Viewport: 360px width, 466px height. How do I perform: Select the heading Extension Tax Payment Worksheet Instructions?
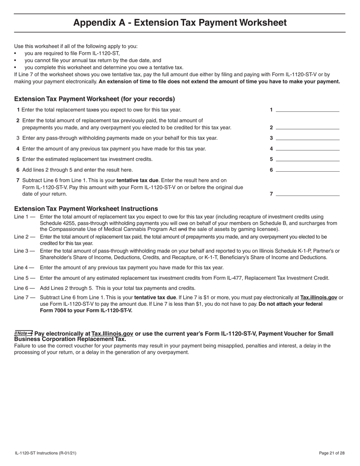pos(86,209)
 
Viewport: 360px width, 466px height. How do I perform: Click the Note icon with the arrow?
pos(23,333)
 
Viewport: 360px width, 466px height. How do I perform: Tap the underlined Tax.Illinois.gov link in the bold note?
pos(112,334)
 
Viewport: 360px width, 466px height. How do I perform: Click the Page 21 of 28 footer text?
pos(332,453)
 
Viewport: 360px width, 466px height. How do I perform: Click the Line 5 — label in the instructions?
pos(25,278)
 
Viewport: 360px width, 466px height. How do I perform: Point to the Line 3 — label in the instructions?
pos(25,251)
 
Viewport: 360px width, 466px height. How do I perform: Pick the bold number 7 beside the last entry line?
pos(271,194)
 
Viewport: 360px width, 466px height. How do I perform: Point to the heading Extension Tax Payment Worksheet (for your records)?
pos(94,99)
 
